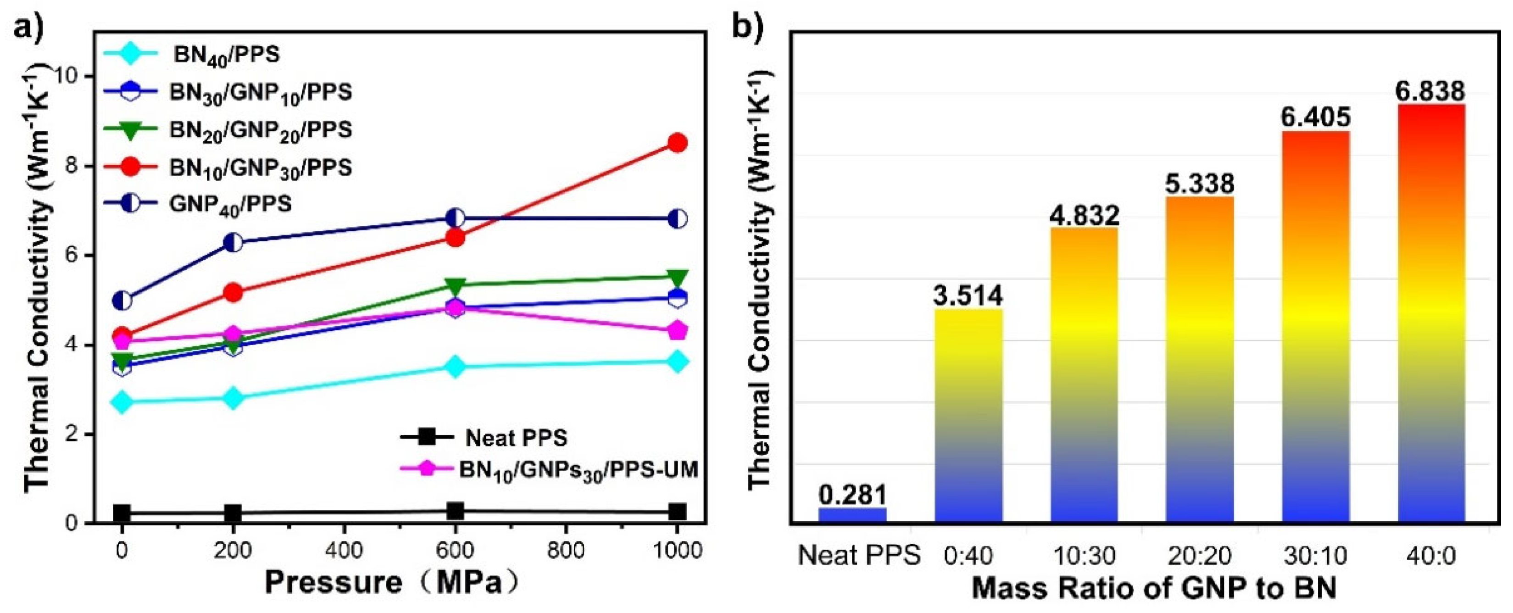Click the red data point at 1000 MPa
click(677, 143)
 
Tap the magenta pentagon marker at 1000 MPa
click(677, 330)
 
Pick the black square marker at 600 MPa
click(455, 511)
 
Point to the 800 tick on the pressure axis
click(566, 550)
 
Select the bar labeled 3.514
click(968, 414)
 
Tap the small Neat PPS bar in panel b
click(852, 514)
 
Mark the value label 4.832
click(1084, 216)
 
